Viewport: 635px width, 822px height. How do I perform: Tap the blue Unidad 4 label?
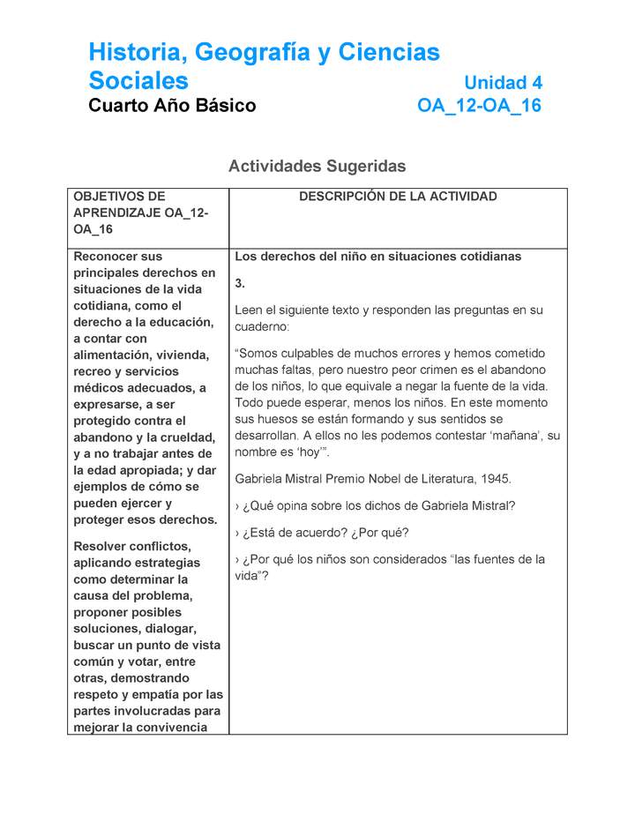pyautogui.click(x=503, y=83)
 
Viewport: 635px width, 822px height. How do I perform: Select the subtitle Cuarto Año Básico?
pyautogui.click(x=172, y=106)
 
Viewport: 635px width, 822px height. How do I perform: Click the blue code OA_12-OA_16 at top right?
pyautogui.click(x=479, y=106)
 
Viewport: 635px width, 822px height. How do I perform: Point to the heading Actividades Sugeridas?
pyautogui.click(x=317, y=166)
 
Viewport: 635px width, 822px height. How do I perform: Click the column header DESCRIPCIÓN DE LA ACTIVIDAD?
pyautogui.click(x=398, y=197)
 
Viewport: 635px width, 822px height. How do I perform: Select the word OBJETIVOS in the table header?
pyautogui.click(x=106, y=197)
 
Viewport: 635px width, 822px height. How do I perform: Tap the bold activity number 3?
pyautogui.click(x=239, y=283)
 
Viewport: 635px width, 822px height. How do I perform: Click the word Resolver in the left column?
pyautogui.click(x=101, y=546)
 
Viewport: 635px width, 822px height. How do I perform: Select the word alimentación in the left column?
pyautogui.click(x=114, y=355)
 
